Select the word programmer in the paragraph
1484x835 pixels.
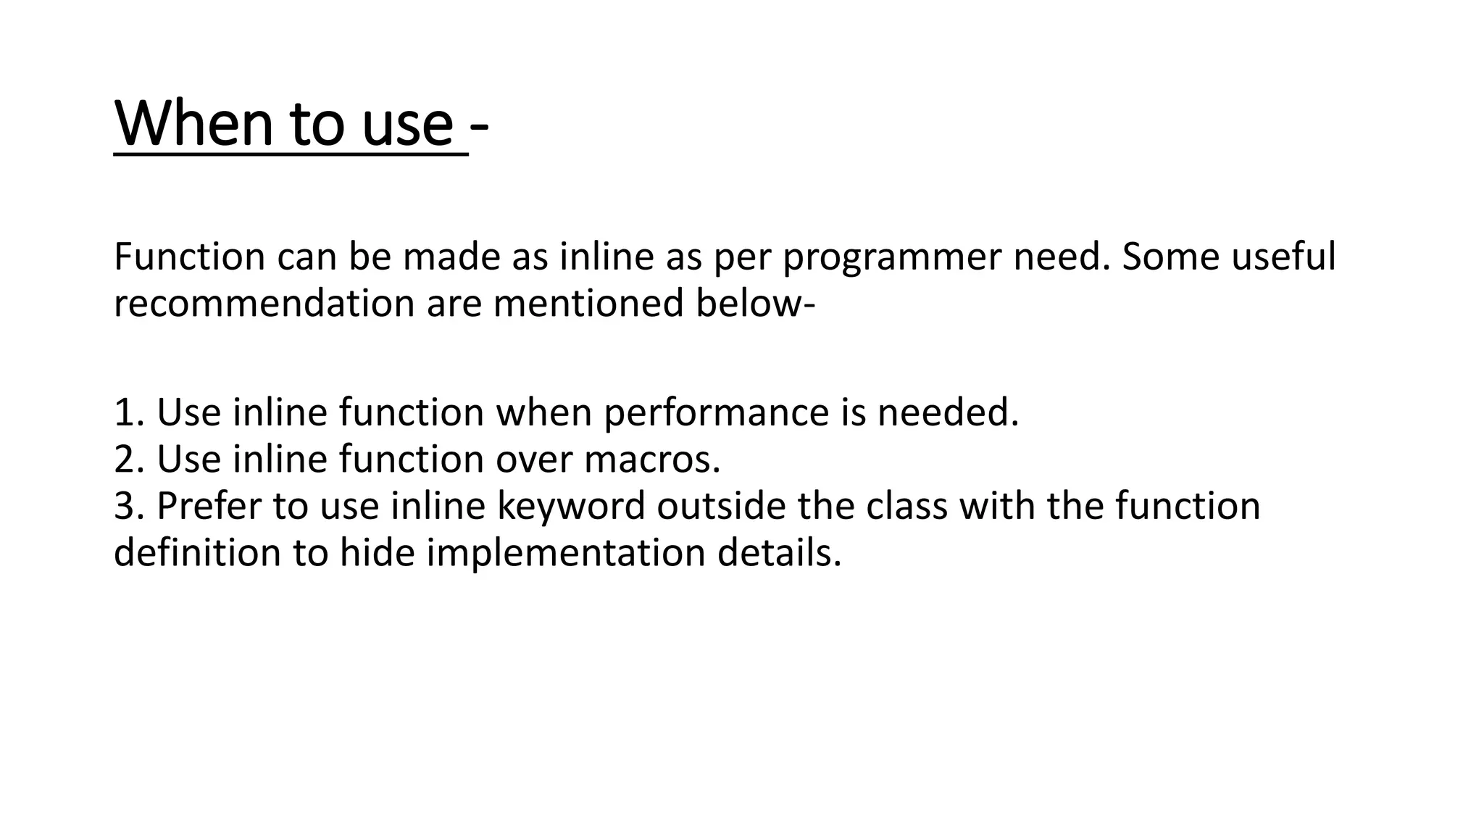[891, 258]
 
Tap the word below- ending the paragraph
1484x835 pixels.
[756, 304]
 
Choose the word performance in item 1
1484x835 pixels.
[715, 414]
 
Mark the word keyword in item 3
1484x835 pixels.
[570, 506]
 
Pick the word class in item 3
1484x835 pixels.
[906, 506]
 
